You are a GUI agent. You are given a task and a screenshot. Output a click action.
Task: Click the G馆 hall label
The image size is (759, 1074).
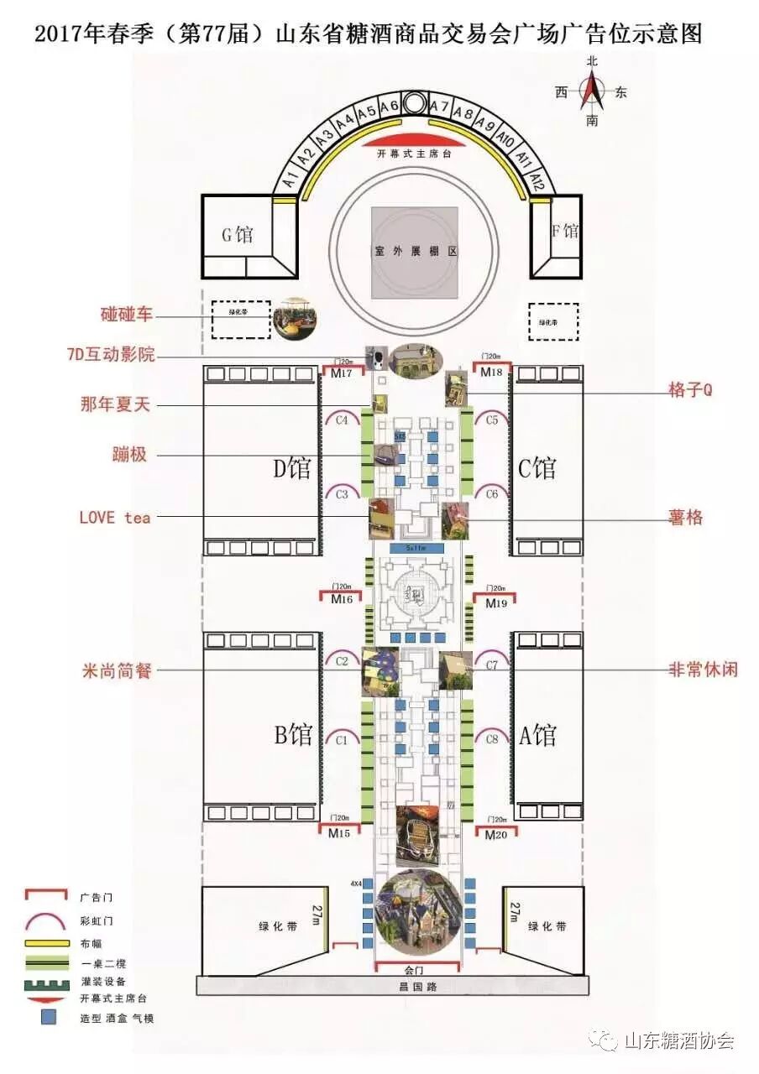pos(237,234)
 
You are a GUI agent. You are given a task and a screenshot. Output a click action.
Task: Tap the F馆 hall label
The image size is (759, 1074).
pos(564,230)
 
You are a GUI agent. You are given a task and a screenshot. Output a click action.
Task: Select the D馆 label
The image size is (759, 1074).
pos(288,468)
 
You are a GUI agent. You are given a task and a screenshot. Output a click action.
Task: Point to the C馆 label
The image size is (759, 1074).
pos(536,468)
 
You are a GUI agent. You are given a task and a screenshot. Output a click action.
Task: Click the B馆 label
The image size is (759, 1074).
pos(293,736)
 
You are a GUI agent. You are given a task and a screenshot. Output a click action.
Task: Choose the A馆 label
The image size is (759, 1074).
pos(537,736)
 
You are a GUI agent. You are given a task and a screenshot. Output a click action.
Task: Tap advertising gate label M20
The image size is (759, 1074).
pos(495,834)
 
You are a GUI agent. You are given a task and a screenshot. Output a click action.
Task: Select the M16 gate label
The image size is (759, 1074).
pos(341,600)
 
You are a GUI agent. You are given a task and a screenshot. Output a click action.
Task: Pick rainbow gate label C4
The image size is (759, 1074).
pos(342,420)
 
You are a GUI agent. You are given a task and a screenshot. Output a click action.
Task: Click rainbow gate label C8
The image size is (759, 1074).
pos(491,739)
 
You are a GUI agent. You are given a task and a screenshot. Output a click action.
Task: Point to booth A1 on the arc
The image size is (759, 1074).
pos(289,178)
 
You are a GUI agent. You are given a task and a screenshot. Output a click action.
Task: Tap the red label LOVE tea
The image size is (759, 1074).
pos(115,518)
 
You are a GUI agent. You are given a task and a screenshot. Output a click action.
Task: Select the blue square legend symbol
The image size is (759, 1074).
pos(50,1018)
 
